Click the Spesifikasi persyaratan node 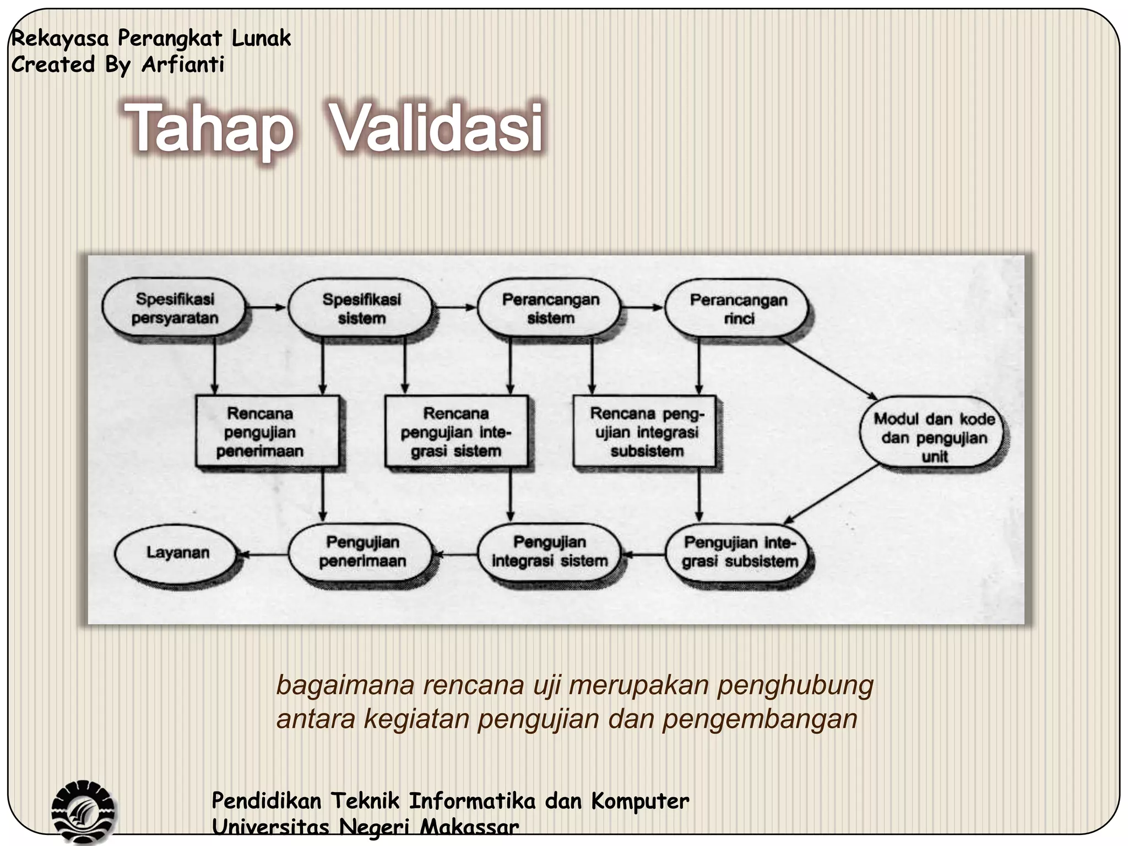[174, 308]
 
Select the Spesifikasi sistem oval [361, 308]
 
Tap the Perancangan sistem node [550, 308]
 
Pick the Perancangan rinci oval [737, 308]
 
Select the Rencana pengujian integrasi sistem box [456, 432]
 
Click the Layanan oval [177, 552]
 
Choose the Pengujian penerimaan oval [362, 552]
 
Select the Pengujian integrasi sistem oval [549, 552]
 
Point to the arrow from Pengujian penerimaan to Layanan [264, 554]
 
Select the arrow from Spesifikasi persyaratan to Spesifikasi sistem [266, 307]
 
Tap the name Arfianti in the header [183, 65]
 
